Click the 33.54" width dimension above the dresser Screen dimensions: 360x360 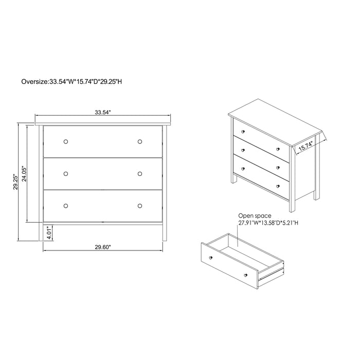tap(103, 112)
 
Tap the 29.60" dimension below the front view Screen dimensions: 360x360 tap(103, 247)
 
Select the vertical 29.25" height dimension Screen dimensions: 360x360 tap(15, 182)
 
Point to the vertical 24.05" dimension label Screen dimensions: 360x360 tap(24, 174)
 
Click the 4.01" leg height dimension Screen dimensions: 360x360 tap(49, 233)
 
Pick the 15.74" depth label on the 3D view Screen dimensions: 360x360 tap(306, 146)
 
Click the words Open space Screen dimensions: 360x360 tap(255, 215)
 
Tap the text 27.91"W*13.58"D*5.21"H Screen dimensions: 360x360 tap(268, 223)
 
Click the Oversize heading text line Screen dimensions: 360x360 tap(71, 81)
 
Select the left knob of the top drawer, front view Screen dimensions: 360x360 tap(66, 141)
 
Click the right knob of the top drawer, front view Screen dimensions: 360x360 tap(140, 141)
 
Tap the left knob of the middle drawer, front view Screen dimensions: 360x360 tap(66, 174)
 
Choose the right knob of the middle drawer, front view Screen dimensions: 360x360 tap(140, 174)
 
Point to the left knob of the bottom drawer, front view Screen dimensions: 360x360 tap(66, 206)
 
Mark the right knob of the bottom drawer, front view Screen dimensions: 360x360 tap(140, 206)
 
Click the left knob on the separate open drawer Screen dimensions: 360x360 tap(211, 258)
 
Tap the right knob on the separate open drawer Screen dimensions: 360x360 tap(246, 275)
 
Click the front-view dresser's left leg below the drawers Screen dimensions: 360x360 tap(41, 231)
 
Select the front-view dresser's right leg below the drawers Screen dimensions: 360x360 tap(165, 231)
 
